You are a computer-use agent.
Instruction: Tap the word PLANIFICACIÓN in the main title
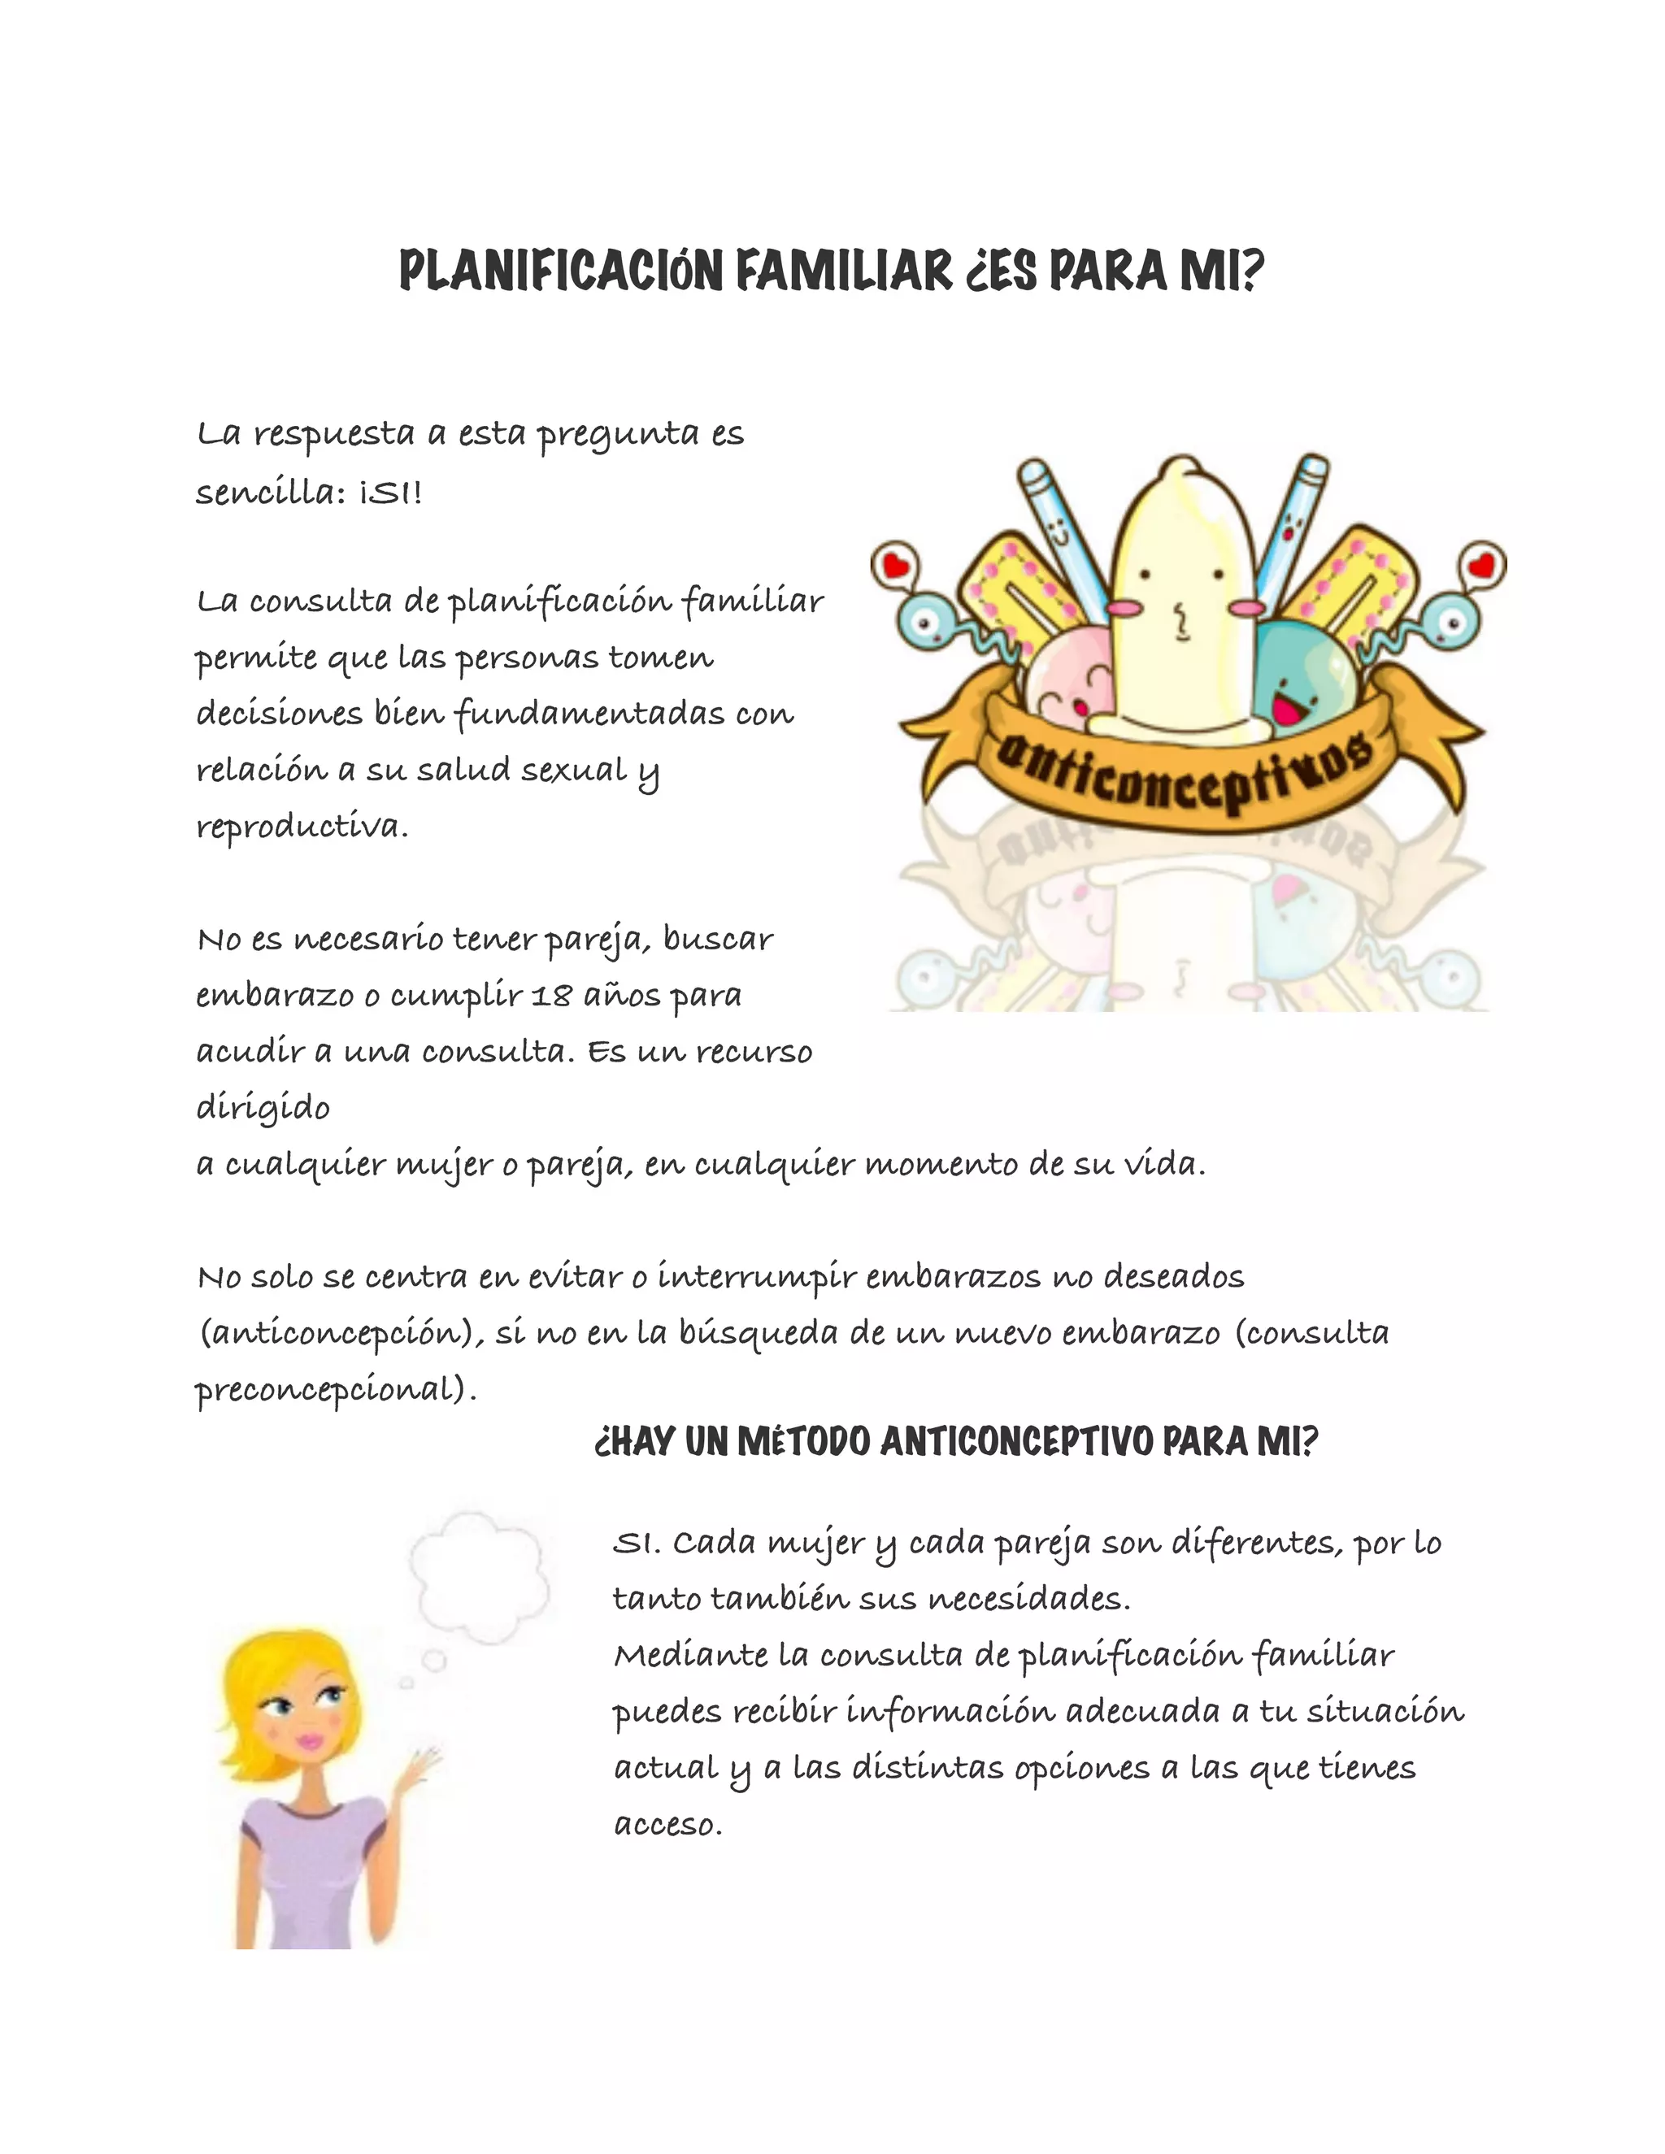point(561,271)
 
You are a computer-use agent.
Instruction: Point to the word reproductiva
point(302,827)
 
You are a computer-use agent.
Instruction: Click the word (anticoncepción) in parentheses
point(341,1333)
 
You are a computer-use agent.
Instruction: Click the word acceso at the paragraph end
point(667,1825)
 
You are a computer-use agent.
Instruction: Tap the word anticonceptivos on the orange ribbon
point(1184,780)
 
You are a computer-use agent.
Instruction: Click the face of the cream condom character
point(1180,601)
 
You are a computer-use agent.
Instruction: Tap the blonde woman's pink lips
point(311,1741)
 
